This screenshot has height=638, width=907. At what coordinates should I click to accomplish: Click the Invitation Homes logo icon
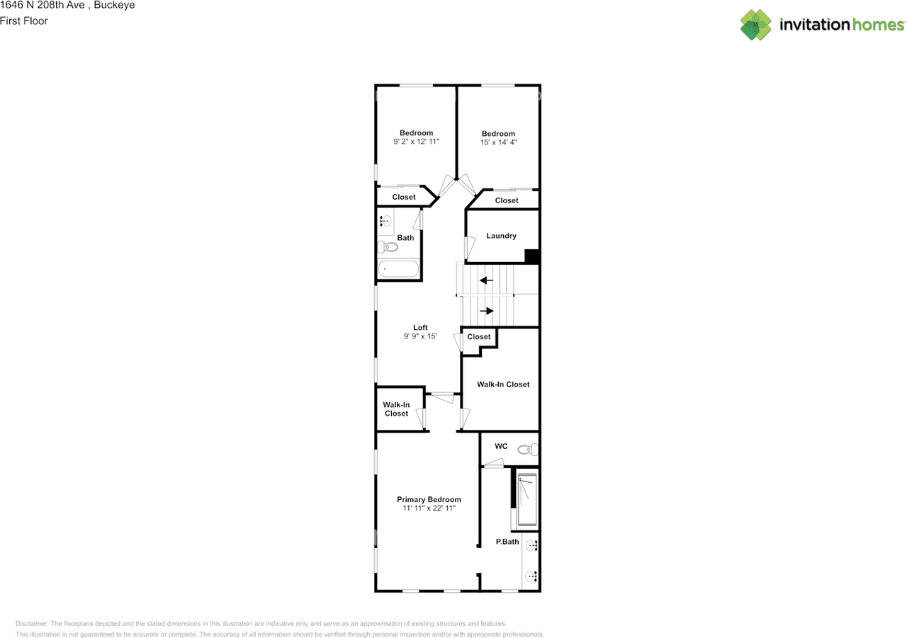point(756,25)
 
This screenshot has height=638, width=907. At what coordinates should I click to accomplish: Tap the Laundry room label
point(501,236)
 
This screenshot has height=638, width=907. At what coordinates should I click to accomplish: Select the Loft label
point(420,327)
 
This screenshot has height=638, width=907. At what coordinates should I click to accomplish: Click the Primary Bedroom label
point(429,499)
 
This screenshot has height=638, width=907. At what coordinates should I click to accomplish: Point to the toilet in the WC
point(528,449)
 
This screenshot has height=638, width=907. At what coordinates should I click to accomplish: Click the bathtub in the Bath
point(398,269)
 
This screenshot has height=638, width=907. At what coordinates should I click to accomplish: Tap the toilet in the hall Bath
point(387,246)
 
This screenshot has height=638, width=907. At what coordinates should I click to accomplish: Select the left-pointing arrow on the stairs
point(486,280)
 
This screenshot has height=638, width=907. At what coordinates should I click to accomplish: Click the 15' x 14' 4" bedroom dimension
point(499,142)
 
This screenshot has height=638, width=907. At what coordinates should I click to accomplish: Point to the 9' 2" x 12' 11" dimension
point(416,142)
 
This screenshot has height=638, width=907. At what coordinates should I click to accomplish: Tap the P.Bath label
point(507,542)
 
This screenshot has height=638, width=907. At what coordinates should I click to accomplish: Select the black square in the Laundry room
point(531,256)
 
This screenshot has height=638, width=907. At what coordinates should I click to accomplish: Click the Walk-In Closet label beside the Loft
point(396,409)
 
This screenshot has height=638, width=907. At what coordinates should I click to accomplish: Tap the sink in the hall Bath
point(385,221)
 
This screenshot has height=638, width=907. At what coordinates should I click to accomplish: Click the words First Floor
point(24,21)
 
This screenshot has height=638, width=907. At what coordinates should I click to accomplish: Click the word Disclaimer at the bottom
point(32,623)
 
